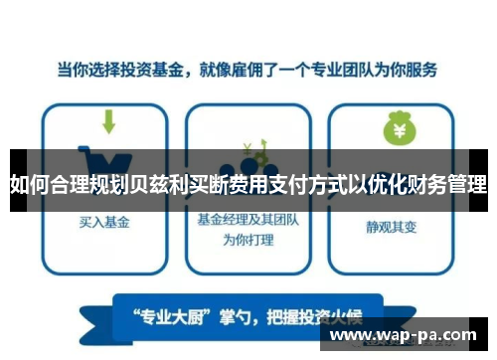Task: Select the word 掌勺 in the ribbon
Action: pos(240,318)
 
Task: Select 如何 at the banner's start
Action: pos(28,185)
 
